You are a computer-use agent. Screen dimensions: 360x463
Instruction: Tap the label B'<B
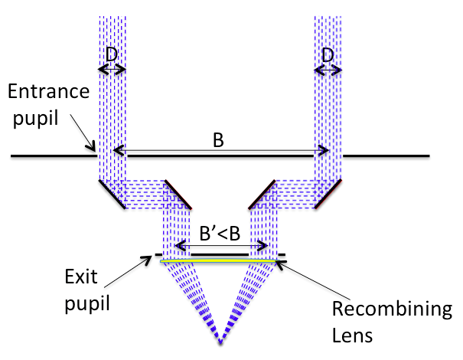coord(220,234)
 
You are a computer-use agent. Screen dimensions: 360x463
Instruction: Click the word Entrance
coord(47,92)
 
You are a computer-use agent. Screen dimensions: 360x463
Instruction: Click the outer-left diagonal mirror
coord(112,194)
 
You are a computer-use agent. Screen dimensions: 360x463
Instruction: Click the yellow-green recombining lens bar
coord(220,261)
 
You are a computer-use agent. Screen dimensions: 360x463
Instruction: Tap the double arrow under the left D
coord(112,69)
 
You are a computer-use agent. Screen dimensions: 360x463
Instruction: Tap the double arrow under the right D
coord(328,69)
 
